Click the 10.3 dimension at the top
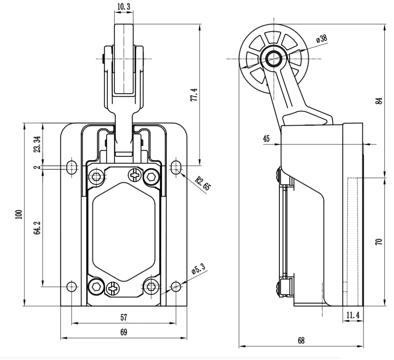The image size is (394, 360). click(x=124, y=6)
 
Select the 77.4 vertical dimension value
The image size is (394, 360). click(x=194, y=94)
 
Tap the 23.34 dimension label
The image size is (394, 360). click(x=37, y=144)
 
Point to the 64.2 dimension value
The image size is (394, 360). click(x=37, y=228)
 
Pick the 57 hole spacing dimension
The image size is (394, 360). click(x=124, y=318)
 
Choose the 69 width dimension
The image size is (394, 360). click(x=124, y=332)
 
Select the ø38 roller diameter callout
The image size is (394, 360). click(x=321, y=39)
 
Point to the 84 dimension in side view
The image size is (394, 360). click(x=379, y=101)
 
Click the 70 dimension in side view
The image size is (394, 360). click(x=379, y=242)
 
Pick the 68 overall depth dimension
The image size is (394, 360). click(x=301, y=340)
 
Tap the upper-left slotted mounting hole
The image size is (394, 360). click(x=72, y=167)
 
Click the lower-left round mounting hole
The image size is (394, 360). click(x=72, y=286)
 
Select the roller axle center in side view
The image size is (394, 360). click(x=273, y=59)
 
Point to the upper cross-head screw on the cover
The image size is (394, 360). click(x=134, y=176)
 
